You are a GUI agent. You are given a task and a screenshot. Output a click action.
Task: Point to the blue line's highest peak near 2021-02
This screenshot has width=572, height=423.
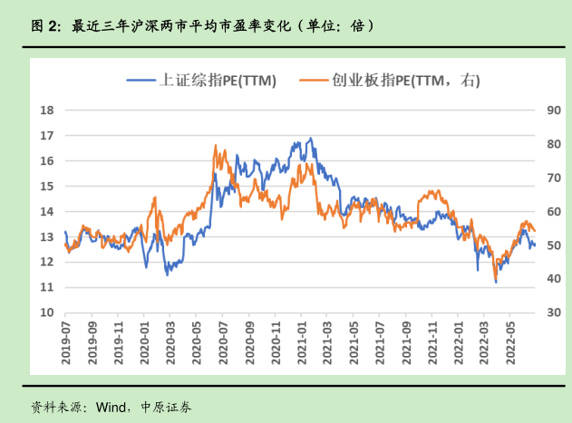[x=311, y=139]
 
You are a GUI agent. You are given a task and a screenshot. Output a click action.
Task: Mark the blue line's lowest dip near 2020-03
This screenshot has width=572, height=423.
[x=167, y=274]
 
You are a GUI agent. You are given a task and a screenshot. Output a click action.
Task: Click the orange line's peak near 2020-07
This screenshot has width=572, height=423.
[x=215, y=145]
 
